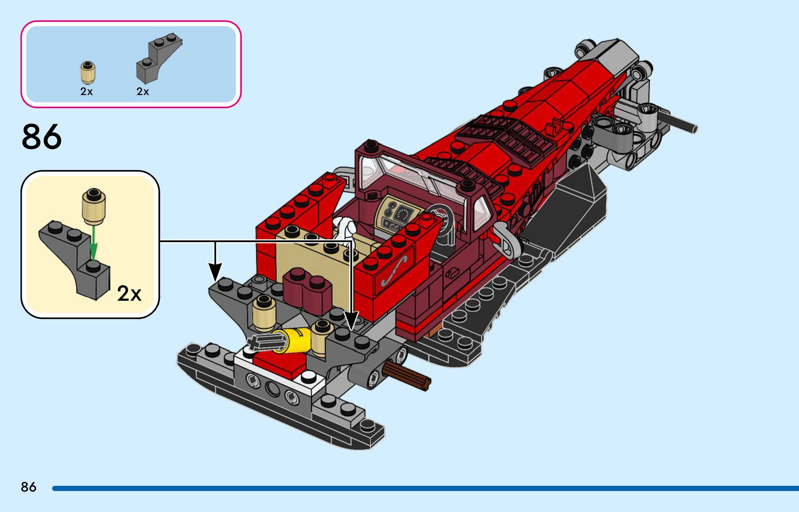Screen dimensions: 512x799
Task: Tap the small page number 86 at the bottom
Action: click(28, 487)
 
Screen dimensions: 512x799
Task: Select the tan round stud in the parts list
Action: click(88, 72)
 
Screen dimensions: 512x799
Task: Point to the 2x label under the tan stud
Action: click(86, 92)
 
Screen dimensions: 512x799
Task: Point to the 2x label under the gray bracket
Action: click(143, 92)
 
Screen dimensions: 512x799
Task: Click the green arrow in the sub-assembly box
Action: click(93, 243)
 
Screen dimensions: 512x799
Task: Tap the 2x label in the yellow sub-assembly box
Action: click(129, 293)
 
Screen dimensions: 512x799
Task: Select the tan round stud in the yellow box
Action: click(94, 206)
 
